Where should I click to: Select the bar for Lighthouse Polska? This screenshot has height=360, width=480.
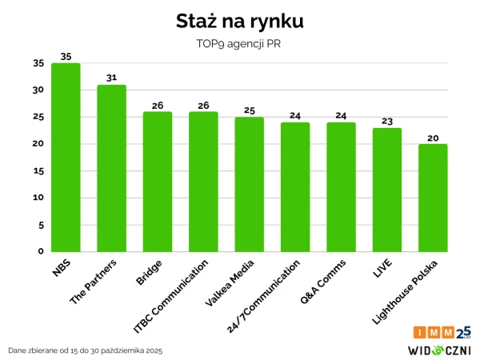pos(433,198)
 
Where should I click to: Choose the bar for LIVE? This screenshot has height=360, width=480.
pos(386,190)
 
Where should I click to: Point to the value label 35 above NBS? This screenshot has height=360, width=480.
pos(66,57)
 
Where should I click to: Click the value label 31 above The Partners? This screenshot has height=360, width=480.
pos(111,78)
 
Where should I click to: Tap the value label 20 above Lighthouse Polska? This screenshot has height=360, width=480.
pos(433,138)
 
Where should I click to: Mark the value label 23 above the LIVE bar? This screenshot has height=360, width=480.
pos(386,122)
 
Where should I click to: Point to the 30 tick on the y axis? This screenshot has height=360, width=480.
pos(38,90)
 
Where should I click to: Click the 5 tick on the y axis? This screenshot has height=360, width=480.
pos(41,225)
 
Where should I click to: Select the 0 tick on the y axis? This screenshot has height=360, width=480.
pos(41,251)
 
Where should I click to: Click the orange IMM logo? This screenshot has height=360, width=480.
pos(434,332)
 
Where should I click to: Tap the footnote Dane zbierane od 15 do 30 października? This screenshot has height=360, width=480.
pos(85,350)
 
